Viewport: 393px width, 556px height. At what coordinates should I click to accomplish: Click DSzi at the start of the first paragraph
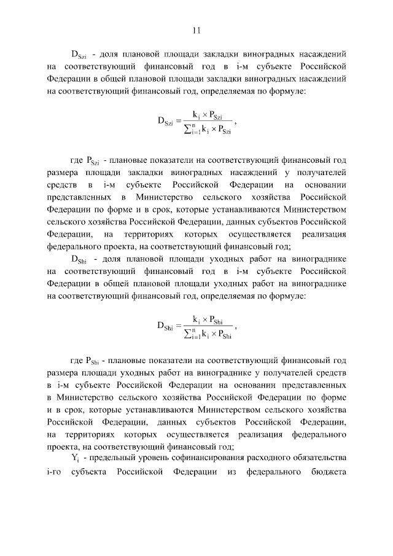[x=80, y=54]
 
